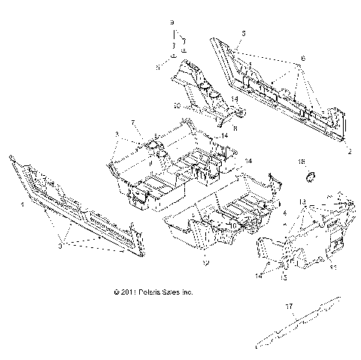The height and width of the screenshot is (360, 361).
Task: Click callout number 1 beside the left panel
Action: [21, 204]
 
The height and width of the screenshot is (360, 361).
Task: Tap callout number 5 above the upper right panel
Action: [243, 35]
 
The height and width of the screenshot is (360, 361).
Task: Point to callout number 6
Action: [302, 57]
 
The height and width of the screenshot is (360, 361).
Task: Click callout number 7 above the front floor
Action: [133, 122]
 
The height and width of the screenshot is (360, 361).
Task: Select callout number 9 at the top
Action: [171, 35]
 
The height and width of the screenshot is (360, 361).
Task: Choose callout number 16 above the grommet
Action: [302, 162]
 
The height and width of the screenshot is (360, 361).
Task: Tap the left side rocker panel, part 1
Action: [75, 203]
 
